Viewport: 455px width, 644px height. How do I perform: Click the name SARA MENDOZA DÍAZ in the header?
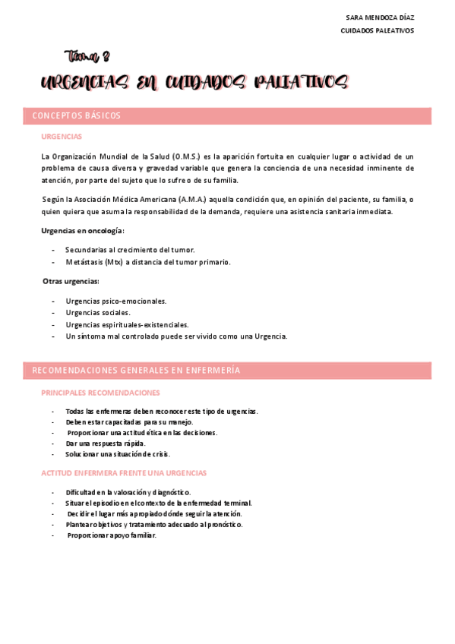click(379, 17)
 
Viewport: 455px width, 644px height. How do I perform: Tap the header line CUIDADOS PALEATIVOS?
click(377, 30)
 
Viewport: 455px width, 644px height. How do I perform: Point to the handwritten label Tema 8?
click(88, 56)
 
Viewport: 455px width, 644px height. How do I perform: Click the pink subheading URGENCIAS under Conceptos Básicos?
click(62, 137)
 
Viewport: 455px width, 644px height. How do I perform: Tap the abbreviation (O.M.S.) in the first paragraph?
click(175, 156)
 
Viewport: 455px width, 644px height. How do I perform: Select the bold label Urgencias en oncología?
click(83, 230)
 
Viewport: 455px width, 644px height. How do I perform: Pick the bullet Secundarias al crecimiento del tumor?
click(130, 250)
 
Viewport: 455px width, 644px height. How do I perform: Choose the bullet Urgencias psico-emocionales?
click(116, 301)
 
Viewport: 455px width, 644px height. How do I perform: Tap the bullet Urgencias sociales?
click(98, 312)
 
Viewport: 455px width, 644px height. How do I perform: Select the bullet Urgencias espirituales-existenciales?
click(127, 324)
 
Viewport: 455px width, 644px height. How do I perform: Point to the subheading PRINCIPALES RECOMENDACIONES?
click(100, 393)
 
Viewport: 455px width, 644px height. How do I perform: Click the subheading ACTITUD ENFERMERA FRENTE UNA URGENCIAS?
click(123, 472)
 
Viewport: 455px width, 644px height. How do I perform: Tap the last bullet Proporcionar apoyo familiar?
click(112, 535)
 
